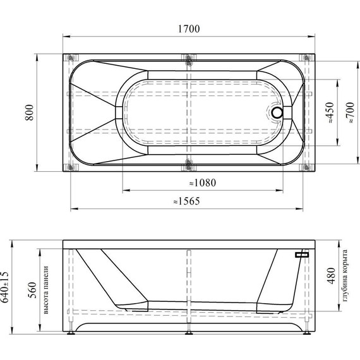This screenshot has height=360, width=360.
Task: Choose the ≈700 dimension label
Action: (x=349, y=114)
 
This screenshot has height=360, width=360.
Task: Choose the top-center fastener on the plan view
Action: (x=189, y=60)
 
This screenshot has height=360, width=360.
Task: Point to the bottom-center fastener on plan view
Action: (x=189, y=167)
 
